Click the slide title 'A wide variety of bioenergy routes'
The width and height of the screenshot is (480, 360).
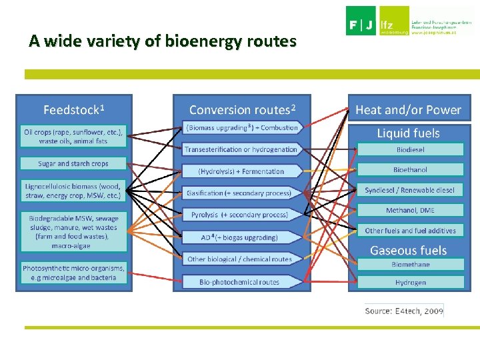[x=162, y=41]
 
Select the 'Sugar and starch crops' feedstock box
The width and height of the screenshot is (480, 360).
[x=73, y=163]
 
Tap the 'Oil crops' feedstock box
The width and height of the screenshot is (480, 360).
[x=73, y=136]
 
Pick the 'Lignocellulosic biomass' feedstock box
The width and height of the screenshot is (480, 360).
[x=73, y=191]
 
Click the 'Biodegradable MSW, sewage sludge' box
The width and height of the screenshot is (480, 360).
[x=73, y=231]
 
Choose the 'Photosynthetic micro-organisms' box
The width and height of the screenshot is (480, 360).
[x=73, y=273]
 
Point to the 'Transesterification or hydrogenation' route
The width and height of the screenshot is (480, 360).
[x=241, y=149]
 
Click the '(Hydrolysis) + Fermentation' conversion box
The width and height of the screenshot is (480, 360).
[x=241, y=171]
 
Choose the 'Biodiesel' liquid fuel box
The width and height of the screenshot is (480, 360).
[x=410, y=149]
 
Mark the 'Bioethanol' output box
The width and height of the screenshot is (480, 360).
[x=410, y=169]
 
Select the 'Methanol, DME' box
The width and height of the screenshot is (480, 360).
[x=410, y=210]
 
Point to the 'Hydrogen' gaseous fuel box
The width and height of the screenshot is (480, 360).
[x=410, y=282]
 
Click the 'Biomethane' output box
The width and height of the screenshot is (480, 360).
[x=410, y=264]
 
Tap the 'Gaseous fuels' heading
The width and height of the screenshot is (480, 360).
[x=408, y=250]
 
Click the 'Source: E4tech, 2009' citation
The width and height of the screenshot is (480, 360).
[x=403, y=311]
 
